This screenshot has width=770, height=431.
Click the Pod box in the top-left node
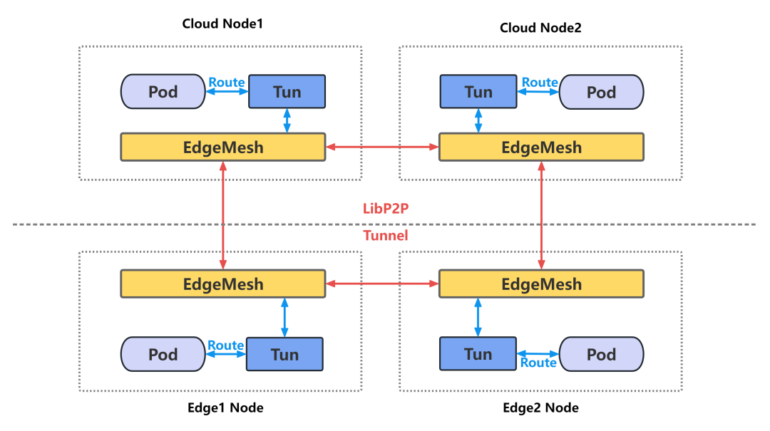[163, 92]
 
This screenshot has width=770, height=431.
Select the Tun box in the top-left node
[287, 92]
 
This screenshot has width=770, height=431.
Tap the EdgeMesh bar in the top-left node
[223, 147]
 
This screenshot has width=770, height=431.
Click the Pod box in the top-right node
[601, 92]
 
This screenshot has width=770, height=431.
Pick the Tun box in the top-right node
[478, 92]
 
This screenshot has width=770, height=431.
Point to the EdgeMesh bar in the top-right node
[541, 147]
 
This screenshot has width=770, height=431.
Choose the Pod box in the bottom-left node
[163, 354]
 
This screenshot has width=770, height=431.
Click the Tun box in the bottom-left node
[284, 354]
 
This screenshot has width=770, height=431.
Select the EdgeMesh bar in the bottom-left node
[223, 284]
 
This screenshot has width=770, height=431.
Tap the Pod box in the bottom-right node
[601, 354]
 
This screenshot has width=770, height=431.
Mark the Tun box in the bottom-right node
[478, 354]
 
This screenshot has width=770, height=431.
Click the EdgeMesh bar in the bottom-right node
[541, 284]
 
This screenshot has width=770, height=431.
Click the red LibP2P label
[385, 209]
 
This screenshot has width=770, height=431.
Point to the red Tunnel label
[385, 236]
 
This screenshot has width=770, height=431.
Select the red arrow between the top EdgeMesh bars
[382, 147]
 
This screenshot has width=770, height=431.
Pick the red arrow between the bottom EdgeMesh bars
[382, 284]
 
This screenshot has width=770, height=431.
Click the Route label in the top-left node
[227, 83]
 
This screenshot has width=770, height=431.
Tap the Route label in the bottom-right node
[538, 363]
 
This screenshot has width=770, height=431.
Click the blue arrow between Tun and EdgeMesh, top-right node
[478, 120]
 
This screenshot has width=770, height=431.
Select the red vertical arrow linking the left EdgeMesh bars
[224, 215]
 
